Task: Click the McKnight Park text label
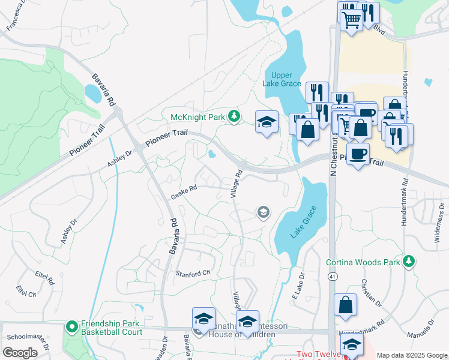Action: coord(198,116)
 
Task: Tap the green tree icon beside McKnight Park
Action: coord(234,116)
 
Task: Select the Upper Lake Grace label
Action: coord(282,79)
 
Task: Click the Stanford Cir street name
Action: coord(194,273)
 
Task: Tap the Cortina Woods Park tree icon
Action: coord(409,261)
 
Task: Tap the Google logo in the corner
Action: coord(19,353)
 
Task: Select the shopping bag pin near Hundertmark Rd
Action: coord(346,305)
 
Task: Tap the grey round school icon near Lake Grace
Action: coord(262,212)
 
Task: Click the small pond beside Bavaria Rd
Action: coord(93,93)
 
